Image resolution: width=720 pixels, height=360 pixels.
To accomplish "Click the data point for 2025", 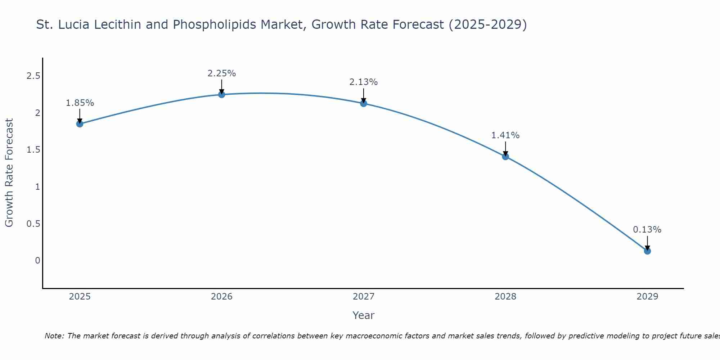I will [x=80, y=124].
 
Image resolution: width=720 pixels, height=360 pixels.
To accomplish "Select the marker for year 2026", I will [x=222, y=94].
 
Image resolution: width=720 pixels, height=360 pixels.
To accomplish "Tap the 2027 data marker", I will [x=364, y=103].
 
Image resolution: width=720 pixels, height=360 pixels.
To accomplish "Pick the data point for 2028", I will [x=505, y=156].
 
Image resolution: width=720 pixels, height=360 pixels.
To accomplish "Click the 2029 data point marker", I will [x=647, y=251].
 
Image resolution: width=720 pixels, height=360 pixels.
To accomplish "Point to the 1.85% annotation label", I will [x=80, y=103].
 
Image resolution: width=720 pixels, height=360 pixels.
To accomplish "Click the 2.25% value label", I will [x=222, y=73].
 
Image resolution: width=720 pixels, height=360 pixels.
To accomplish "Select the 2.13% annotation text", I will [x=364, y=82].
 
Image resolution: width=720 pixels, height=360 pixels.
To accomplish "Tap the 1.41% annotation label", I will [x=505, y=135].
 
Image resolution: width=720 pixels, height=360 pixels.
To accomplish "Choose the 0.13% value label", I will [x=647, y=230].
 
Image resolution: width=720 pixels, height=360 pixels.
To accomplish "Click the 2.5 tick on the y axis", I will [x=33, y=76].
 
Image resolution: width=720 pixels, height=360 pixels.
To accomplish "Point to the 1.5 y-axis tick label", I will [x=33, y=150].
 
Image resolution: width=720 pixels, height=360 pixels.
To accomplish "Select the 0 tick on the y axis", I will [x=37, y=260].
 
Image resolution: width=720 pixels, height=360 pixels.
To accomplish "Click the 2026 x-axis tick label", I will [x=222, y=297].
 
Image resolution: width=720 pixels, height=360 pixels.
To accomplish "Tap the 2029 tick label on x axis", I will [x=647, y=297].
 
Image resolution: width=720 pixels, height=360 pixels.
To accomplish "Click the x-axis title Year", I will [x=364, y=315].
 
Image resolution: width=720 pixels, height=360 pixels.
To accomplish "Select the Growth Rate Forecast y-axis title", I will [x=9, y=173].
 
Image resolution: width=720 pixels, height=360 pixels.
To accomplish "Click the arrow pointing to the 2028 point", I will [x=505, y=148].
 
